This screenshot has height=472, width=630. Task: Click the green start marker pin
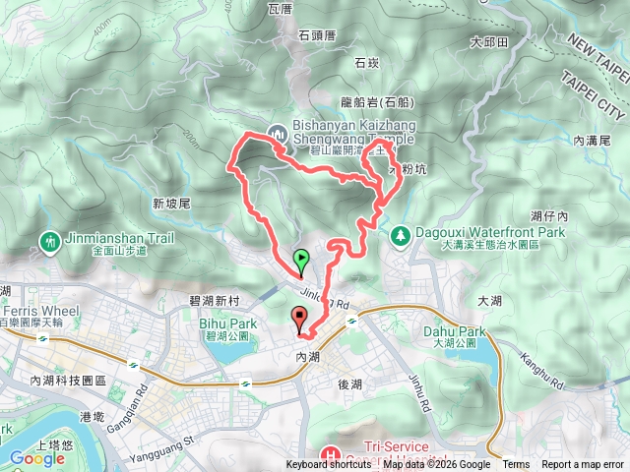301,260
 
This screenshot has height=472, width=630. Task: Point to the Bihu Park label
227,324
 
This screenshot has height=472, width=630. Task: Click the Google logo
37,457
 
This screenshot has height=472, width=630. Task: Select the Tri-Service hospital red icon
328,455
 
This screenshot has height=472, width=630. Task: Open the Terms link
516,465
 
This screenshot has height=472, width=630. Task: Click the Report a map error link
583,465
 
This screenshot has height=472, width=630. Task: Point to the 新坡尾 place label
170,203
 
